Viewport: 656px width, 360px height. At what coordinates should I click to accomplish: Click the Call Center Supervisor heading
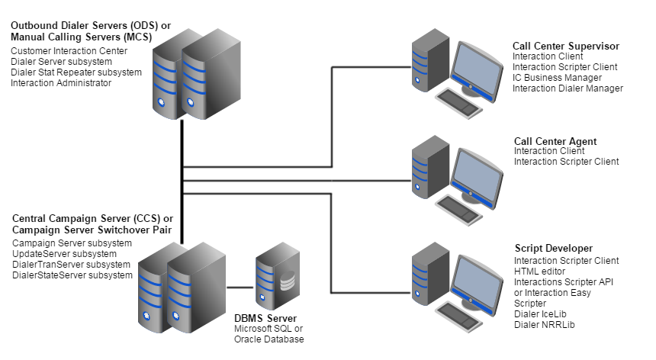pyautogui.click(x=565, y=47)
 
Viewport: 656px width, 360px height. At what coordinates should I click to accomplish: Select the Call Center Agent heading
pyautogui.click(x=555, y=141)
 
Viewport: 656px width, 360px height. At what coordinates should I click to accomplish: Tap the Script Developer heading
pyautogui.click(x=554, y=249)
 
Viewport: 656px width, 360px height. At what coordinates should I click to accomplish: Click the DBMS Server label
pyautogui.click(x=265, y=318)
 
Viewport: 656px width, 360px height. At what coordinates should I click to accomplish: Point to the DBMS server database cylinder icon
pyautogui.click(x=287, y=281)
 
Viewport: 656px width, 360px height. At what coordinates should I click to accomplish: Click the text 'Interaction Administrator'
pyautogui.click(x=61, y=83)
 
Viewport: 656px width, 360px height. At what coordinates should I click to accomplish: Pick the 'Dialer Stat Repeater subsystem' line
pyautogui.click(x=76, y=72)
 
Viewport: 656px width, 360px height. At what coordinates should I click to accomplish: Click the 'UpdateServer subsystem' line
pyautogui.click(x=65, y=254)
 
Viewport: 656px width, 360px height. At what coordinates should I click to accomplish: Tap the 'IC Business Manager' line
pyautogui.click(x=557, y=78)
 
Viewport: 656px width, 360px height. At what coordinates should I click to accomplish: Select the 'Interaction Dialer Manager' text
pyautogui.click(x=568, y=88)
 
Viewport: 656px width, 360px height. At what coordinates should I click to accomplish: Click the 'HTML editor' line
pyautogui.click(x=539, y=271)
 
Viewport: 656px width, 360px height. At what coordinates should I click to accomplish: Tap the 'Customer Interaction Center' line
pyautogui.click(x=69, y=51)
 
